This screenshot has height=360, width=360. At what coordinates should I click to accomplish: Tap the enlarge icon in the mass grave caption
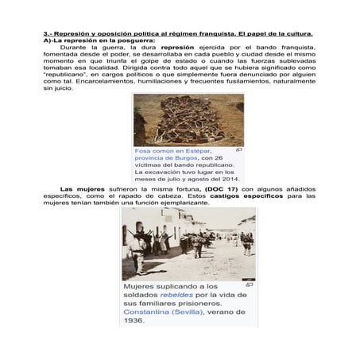pyautogui.click(x=239, y=149)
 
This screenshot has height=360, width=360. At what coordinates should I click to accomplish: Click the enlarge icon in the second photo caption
pyautogui.click(x=250, y=283)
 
